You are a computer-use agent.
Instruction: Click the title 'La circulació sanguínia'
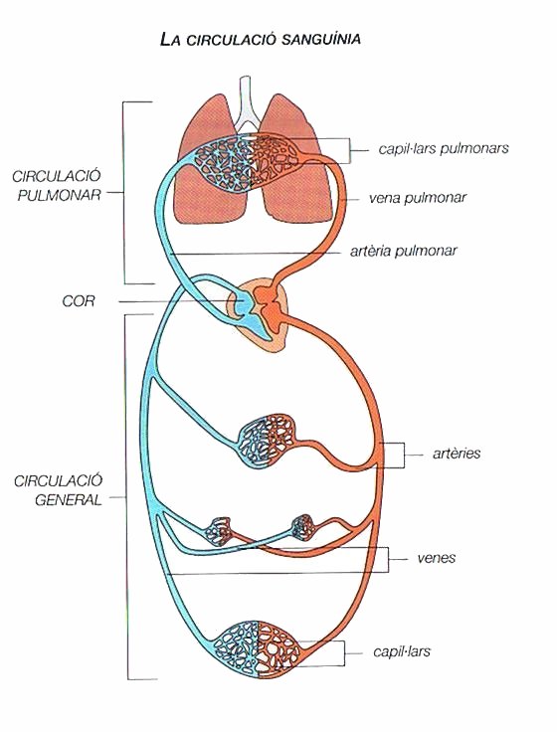click(260, 39)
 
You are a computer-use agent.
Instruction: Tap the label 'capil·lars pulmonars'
click(444, 148)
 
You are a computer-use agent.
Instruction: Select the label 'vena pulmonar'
click(418, 198)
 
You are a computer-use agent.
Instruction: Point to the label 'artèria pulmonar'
click(404, 252)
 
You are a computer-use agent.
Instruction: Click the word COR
click(79, 301)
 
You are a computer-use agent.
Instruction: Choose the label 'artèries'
click(457, 454)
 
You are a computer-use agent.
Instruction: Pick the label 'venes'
click(437, 558)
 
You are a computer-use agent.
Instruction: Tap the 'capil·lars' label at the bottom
click(402, 651)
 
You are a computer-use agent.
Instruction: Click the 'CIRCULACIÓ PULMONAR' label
click(57, 185)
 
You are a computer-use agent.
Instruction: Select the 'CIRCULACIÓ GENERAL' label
click(59, 490)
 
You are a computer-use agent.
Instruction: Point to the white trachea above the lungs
click(246, 105)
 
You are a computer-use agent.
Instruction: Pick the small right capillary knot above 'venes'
click(302, 527)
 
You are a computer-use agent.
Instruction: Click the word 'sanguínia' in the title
click(321, 39)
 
